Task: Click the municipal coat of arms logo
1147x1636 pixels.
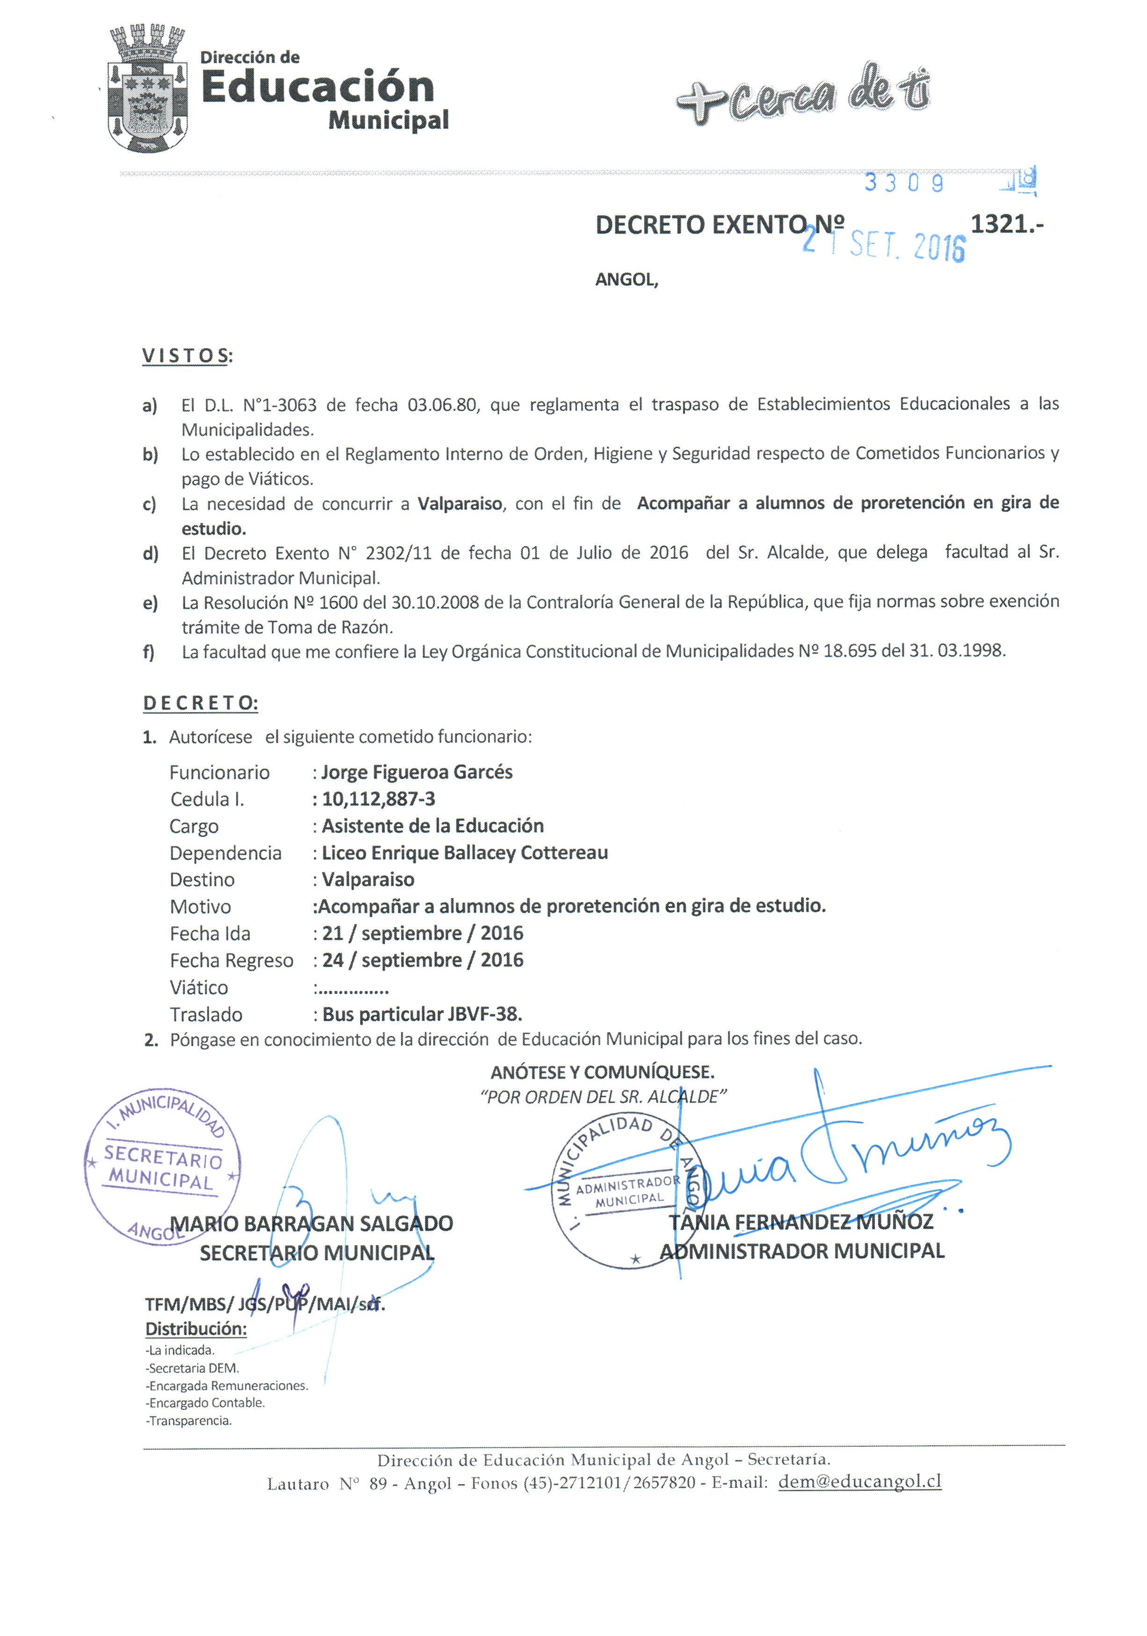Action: tap(148, 89)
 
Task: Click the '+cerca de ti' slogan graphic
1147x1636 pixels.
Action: tap(803, 95)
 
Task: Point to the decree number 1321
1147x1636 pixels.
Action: tap(1005, 224)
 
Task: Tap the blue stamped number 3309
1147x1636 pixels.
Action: tap(903, 183)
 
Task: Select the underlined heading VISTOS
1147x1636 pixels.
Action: tap(187, 356)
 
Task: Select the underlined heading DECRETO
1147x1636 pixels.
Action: tap(200, 703)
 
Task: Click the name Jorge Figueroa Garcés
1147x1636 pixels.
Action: tap(416, 772)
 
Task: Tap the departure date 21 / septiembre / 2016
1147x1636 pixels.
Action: tap(422, 934)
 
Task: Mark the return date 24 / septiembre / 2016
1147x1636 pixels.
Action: tap(422, 960)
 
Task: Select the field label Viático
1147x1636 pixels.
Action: tap(199, 987)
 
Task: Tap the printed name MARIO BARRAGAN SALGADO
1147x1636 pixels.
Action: tap(311, 1223)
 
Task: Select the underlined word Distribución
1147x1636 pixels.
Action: tap(196, 1329)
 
